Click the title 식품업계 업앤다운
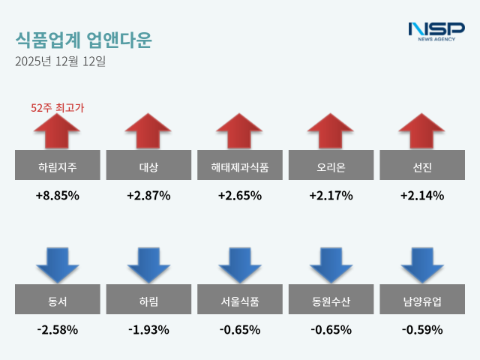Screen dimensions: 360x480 coord(82,39)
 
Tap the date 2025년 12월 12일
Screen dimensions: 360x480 coord(60,61)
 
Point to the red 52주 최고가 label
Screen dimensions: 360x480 coord(57,108)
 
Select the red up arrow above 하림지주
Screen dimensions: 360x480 coord(57,132)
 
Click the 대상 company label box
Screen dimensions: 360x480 coord(148,166)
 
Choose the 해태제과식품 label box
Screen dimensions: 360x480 coord(239,166)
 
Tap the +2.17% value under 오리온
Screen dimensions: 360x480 coord(331,196)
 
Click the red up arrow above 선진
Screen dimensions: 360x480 coord(421,132)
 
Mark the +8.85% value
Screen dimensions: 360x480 coord(57,196)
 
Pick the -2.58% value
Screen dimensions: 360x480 coord(57,330)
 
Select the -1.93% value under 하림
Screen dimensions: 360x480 coord(148,330)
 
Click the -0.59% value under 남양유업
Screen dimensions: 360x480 coord(421,330)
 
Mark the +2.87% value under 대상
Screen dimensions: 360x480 coord(148,196)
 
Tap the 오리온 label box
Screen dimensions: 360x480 coord(331,166)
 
